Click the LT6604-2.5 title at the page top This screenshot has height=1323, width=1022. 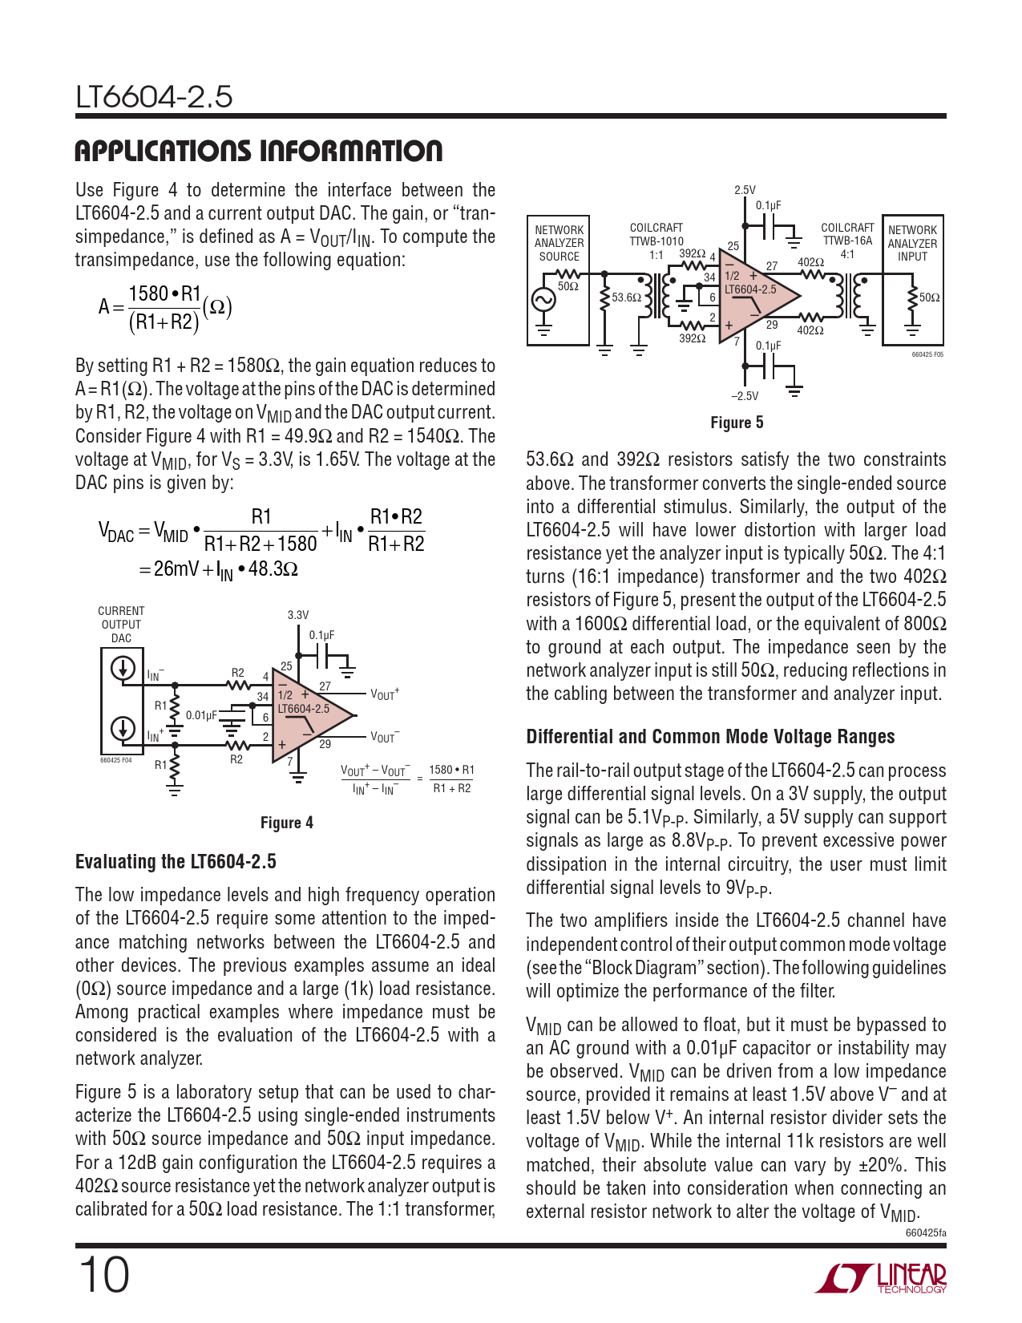154,97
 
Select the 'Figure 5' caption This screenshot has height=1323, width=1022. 737,423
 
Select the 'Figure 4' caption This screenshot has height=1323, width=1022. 286,823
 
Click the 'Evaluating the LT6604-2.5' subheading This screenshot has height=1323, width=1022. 176,862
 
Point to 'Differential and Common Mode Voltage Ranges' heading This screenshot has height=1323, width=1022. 710,737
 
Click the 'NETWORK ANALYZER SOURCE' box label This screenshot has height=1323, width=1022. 559,243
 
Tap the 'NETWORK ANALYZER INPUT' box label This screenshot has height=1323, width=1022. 912,243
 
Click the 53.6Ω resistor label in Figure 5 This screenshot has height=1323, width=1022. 626,297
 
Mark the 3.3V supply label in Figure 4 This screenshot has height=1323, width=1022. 297,615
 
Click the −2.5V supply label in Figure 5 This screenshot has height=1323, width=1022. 744,396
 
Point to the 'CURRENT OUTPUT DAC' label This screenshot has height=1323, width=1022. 121,625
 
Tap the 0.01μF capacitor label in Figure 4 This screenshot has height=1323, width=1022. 201,715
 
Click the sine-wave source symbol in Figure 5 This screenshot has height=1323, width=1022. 543,300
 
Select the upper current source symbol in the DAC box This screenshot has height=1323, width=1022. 123,668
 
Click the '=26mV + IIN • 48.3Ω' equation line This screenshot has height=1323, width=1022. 218,569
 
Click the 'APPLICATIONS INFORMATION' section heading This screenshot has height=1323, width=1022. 258,151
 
